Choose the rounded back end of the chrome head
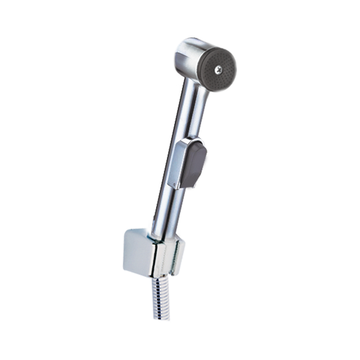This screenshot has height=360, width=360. (x=181, y=52)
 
